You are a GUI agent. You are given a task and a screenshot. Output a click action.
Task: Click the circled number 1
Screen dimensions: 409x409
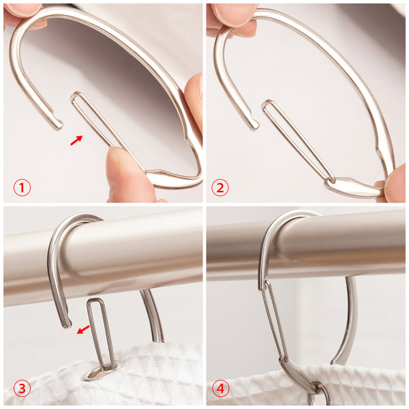[22, 187]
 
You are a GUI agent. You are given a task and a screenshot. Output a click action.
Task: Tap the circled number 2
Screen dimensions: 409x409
[220, 187]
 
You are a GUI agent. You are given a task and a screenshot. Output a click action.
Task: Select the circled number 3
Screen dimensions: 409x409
[22, 389]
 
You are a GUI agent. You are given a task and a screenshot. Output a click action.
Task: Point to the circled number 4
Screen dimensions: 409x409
[221, 389]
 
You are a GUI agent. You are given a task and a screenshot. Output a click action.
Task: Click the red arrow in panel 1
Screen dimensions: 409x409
[76, 140]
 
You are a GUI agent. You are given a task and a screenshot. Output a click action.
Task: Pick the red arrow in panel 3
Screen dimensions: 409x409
[83, 329]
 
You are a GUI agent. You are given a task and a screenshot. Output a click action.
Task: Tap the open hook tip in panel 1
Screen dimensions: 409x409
[59, 125]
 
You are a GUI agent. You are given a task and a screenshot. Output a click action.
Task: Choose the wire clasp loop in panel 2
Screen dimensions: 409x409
[297, 141]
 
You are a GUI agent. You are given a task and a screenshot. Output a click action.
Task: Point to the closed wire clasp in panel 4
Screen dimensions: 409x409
[273, 321]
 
